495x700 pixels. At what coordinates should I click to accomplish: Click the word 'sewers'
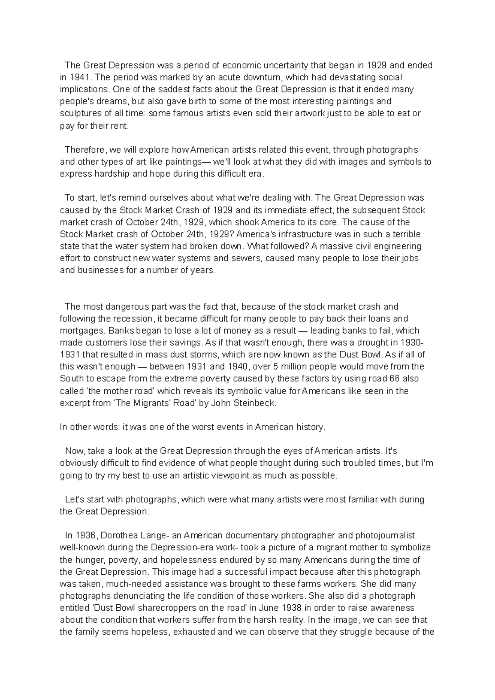point(249,258)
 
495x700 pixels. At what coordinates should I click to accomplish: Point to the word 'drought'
point(376,343)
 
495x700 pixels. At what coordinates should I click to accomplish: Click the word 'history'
point(310,427)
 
